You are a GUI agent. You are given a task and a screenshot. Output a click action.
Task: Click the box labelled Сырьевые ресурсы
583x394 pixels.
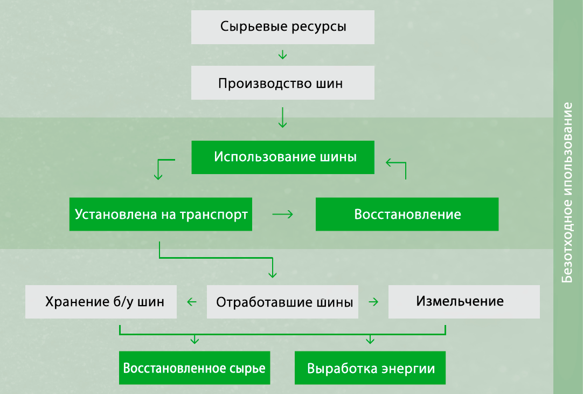coord(283,26)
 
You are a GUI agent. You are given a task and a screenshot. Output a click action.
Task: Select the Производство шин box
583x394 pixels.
coord(283,84)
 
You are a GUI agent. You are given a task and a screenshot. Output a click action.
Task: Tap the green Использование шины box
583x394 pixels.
coord(283,157)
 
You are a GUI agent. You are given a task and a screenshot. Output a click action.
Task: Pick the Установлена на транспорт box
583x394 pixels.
coord(161,214)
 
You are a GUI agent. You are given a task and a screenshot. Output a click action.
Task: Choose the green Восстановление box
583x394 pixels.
coord(407,214)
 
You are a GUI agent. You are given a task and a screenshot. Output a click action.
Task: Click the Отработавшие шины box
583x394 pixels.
coord(283,302)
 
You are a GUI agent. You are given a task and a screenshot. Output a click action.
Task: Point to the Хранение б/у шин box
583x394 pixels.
coord(102,301)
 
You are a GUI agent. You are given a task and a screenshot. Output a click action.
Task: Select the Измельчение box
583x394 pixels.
coord(464,301)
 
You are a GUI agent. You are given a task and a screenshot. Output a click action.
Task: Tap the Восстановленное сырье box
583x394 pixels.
coord(195,369)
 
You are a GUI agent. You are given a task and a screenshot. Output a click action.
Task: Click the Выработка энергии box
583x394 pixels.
coord(370,369)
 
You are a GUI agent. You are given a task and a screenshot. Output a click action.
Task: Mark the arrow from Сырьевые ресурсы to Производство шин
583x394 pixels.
coord(283,55)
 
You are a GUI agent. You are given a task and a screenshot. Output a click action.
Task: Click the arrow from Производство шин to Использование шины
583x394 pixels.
coord(283,117)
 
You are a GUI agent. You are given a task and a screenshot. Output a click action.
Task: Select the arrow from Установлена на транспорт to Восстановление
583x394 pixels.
coord(283,214)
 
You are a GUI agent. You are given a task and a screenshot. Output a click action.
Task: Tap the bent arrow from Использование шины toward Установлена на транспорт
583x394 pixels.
coord(162,168)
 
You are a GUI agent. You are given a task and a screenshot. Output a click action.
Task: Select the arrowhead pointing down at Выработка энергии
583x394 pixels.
coord(370,340)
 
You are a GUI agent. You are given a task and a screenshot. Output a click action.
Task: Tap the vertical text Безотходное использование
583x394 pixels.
coord(568,197)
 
